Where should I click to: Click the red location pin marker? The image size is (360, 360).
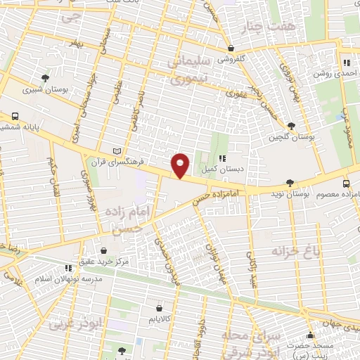point(181,165)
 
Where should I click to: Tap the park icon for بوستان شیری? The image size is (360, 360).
point(46,78)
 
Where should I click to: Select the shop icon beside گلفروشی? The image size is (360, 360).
point(231,48)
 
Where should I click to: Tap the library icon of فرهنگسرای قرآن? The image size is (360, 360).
point(117,151)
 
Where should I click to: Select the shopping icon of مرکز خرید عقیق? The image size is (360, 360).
point(104,250)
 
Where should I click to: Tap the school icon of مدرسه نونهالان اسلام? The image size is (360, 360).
point(68,268)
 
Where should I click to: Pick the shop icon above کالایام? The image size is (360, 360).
point(159,308)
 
